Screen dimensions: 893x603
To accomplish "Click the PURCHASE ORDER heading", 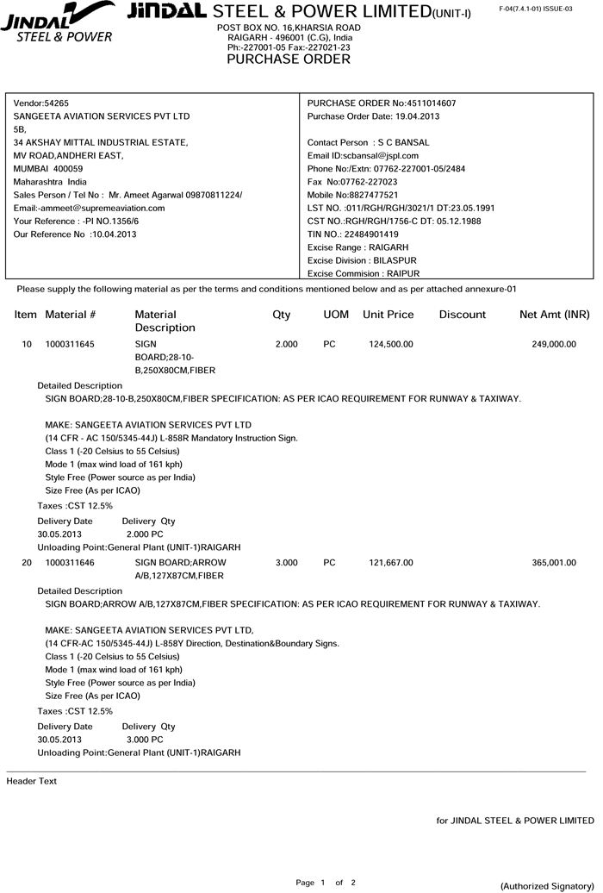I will (288, 59).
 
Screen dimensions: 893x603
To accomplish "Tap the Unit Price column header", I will (388, 315).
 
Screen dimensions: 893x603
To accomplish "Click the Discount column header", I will (462, 315).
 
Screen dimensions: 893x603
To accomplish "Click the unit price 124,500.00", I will (390, 344).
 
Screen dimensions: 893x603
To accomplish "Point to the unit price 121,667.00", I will (390, 563).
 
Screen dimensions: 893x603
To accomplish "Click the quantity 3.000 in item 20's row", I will (286, 563).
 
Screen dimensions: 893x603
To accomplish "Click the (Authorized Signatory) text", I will (547, 886).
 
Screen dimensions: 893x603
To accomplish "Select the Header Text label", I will (31, 781).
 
